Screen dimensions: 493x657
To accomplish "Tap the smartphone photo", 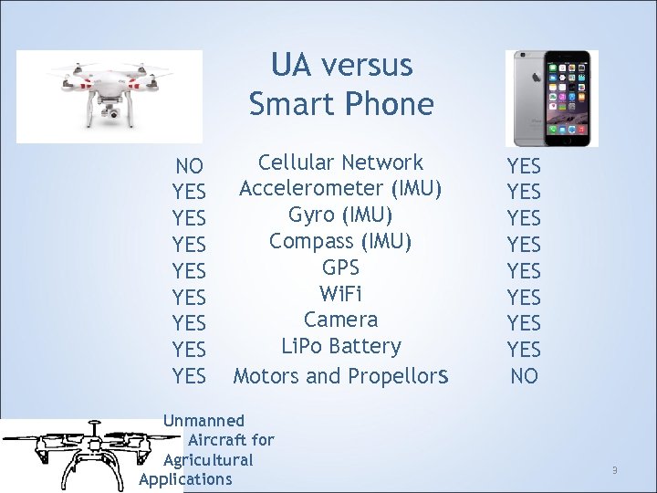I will click(x=552, y=99).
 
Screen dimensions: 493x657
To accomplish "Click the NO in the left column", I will click(x=190, y=166).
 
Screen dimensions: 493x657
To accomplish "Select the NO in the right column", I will click(x=525, y=375).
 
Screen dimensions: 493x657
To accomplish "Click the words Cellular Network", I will click(x=340, y=163).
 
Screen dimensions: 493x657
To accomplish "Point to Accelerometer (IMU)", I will click(x=340, y=189).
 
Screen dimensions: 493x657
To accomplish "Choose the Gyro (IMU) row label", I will click(x=340, y=215).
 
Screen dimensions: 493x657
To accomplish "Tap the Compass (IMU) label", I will click(x=340, y=241).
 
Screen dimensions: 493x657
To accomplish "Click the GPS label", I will click(x=340, y=267).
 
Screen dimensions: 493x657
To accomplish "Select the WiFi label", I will click(x=340, y=294).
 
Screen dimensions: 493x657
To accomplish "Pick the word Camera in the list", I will click(x=340, y=320).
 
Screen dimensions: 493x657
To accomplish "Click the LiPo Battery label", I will click(x=340, y=346).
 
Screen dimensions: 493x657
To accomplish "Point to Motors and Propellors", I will click(x=340, y=375).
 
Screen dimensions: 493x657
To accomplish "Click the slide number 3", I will click(x=615, y=470).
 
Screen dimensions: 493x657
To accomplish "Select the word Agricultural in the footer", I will click(x=208, y=459).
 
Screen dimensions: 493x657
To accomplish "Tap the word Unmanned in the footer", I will click(x=203, y=421).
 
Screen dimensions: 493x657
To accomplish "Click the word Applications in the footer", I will click(x=186, y=479).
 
